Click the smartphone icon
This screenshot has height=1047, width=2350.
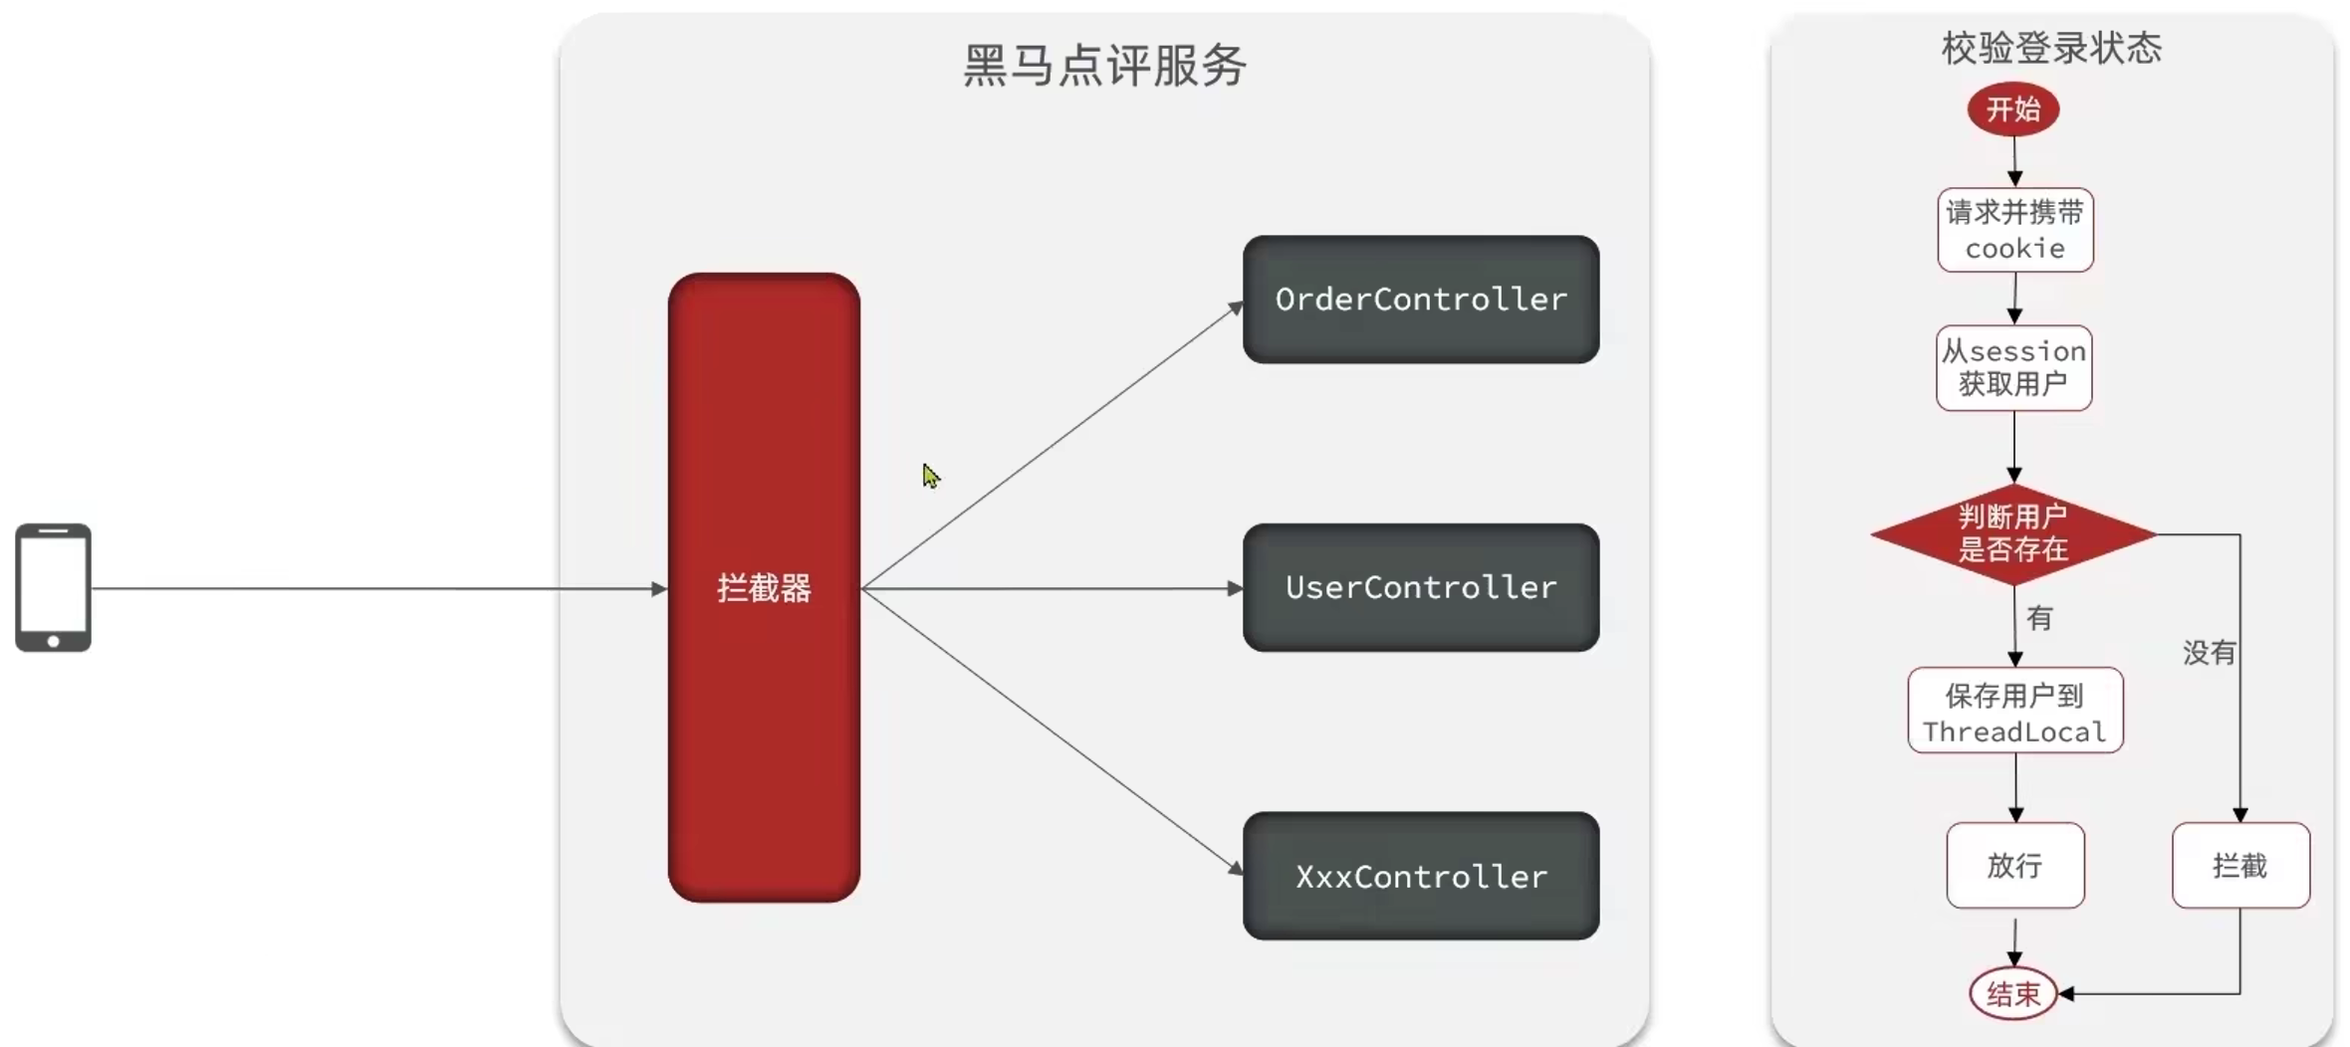point(53,587)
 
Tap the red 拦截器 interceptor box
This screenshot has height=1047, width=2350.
point(764,587)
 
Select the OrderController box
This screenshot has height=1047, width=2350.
point(1421,300)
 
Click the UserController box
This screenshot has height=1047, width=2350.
point(1421,587)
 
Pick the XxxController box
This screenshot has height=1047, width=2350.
point(1421,876)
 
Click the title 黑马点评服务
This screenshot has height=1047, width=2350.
point(1104,66)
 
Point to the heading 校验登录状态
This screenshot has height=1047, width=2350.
point(2051,48)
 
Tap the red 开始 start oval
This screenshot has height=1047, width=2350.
point(2012,108)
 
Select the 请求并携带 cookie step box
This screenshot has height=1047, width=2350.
point(2014,230)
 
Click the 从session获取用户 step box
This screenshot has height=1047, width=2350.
point(2013,367)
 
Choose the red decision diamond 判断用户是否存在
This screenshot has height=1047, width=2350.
point(2012,533)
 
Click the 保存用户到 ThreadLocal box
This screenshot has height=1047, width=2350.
point(2014,711)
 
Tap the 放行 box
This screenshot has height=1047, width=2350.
point(2014,865)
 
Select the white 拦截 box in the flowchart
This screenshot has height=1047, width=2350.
point(2239,865)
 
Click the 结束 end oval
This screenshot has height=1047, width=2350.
point(2012,993)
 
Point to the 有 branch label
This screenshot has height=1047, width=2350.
point(2039,618)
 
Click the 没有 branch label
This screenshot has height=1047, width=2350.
point(2209,653)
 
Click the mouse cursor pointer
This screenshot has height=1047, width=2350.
point(930,476)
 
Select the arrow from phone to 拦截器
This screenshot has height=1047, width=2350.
point(378,588)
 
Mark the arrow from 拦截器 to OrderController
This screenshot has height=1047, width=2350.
point(1052,446)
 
